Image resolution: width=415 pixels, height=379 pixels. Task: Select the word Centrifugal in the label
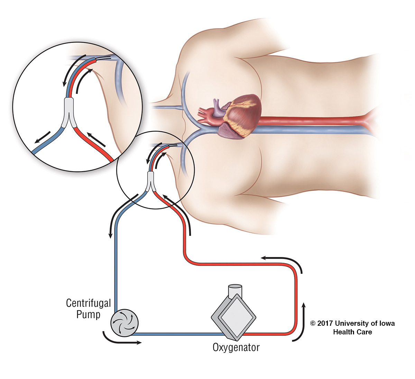click(88, 303)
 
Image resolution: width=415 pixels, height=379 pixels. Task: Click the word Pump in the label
click(88, 315)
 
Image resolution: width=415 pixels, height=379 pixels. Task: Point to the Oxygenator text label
click(236, 347)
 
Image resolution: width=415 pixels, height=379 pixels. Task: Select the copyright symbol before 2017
click(313, 324)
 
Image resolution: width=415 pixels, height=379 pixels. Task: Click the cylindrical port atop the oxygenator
click(235, 290)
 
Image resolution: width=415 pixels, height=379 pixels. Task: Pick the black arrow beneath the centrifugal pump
click(121, 340)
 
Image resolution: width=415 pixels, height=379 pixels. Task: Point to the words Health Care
click(352, 332)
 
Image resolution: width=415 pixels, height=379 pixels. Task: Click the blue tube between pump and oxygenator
click(176, 334)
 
